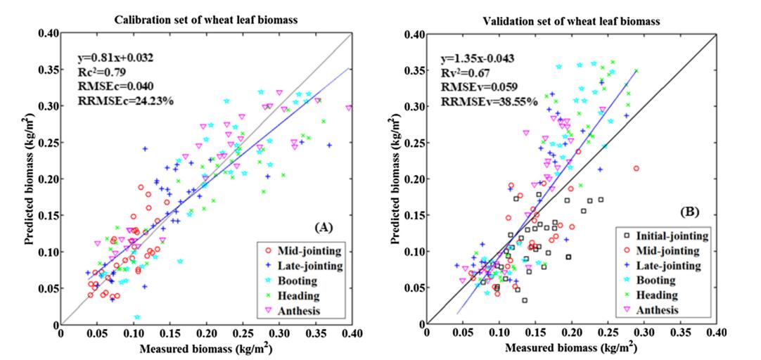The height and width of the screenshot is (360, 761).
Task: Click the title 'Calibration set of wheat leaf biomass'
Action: click(206, 20)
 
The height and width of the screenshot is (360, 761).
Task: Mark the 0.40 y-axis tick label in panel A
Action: click(49, 34)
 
